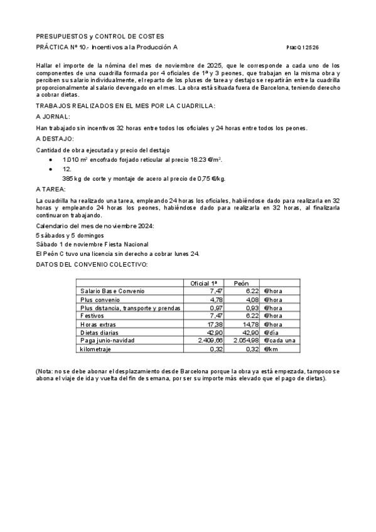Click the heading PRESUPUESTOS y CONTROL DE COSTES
[x=100, y=37]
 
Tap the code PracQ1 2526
[x=303, y=48]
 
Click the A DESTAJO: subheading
[x=55, y=138]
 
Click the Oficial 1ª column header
[x=203, y=284]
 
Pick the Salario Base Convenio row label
[x=113, y=291]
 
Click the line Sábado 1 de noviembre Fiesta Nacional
[x=92, y=244]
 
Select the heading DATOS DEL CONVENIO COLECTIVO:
[x=92, y=264]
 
